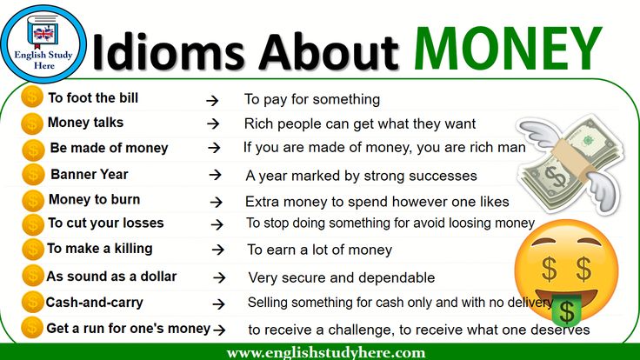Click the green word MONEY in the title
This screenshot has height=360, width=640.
508,49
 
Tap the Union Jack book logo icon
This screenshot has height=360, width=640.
43,31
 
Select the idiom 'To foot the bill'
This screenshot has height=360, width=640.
93,98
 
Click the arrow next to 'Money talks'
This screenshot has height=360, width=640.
213,123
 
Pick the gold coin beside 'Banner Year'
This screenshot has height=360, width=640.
33,174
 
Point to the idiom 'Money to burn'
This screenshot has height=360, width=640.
94,199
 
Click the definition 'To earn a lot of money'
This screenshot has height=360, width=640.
320,250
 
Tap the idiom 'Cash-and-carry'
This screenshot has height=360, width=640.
94,302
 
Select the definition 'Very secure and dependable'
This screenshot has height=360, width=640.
342,277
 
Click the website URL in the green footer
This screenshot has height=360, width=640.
326,352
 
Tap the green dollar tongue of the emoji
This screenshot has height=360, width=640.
567,310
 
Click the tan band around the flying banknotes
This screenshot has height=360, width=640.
570,159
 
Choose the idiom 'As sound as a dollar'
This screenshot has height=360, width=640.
111,277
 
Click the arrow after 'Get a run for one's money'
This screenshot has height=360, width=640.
220,330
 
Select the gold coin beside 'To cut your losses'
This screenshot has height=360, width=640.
33,224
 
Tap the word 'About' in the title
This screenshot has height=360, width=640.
329,52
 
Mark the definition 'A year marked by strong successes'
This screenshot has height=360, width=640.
361,176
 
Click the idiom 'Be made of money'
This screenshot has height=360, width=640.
109,148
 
